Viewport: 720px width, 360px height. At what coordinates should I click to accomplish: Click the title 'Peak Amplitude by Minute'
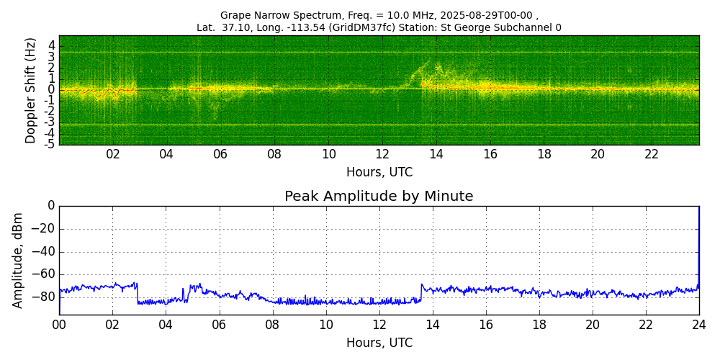379,197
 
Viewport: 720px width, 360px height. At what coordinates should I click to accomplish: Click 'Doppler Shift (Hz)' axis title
30,90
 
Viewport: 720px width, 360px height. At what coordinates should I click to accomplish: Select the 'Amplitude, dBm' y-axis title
17,260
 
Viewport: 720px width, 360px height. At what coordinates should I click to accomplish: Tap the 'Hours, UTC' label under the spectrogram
379,172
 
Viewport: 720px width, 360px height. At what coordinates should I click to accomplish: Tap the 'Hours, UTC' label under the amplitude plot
379,343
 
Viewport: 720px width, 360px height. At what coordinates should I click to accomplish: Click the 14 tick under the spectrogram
436,153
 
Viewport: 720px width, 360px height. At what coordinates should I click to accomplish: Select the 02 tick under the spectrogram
113,153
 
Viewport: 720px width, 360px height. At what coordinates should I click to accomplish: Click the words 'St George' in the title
459,27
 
